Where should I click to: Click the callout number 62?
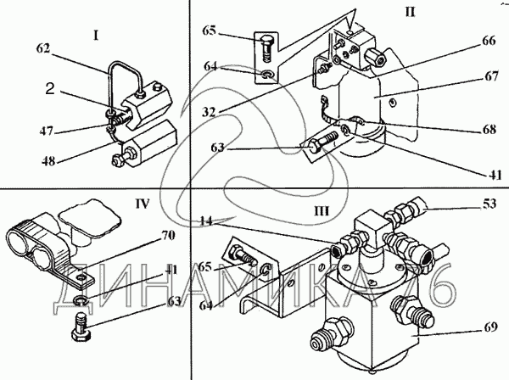click(x=43, y=48)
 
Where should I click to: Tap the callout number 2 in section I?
click(x=50, y=88)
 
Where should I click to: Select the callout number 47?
click(x=47, y=131)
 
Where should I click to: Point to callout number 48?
click(x=48, y=161)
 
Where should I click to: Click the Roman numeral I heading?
click(x=96, y=36)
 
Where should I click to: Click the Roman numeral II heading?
click(x=410, y=12)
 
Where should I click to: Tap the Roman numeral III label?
click(x=322, y=211)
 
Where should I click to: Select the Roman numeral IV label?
click(x=143, y=204)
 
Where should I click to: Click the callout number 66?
click(x=489, y=41)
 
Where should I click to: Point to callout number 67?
click(x=491, y=76)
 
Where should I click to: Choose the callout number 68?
click(x=489, y=130)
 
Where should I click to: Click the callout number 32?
click(x=209, y=112)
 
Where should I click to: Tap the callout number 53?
click(x=489, y=204)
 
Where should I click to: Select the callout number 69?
click(x=489, y=327)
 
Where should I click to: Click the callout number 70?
click(x=168, y=235)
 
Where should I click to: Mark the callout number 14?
click(x=206, y=221)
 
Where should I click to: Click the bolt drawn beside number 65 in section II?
click(x=267, y=49)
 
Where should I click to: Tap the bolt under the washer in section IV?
click(x=80, y=326)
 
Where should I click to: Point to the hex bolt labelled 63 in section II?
click(x=324, y=142)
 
